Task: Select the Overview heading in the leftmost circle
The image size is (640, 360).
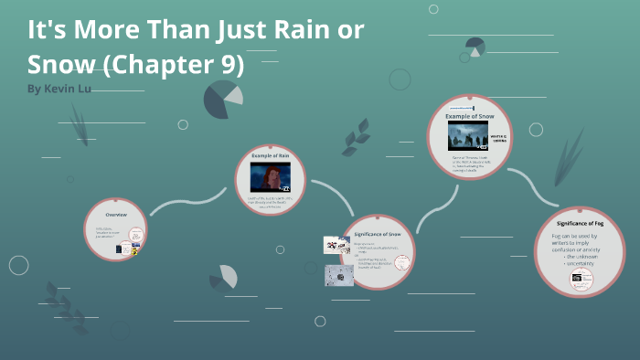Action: (x=116, y=214)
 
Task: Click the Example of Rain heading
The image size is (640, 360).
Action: (x=270, y=157)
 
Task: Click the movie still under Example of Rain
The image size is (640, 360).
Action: (x=270, y=177)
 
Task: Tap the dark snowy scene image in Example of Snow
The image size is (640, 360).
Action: (x=466, y=136)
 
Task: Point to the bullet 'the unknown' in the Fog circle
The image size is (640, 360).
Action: (x=583, y=257)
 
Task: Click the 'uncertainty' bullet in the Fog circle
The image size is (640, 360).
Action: (x=583, y=264)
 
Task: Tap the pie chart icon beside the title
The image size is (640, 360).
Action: (x=223, y=100)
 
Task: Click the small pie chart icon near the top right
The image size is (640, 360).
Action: (x=475, y=46)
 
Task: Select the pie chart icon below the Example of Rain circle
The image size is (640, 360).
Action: (x=224, y=277)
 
